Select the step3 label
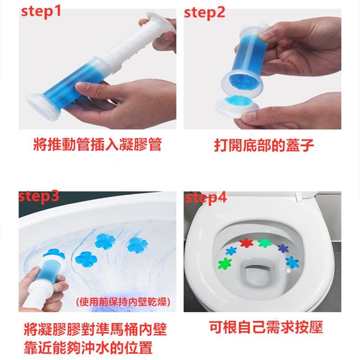click(x=39, y=196)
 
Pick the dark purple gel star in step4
click(x=283, y=247)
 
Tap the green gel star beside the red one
click(x=264, y=243)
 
